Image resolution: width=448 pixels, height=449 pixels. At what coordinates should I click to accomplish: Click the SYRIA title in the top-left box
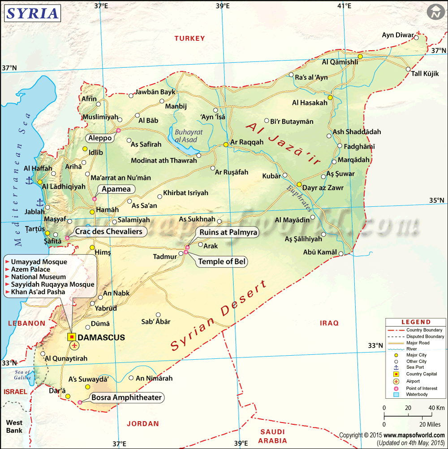pos(32,13)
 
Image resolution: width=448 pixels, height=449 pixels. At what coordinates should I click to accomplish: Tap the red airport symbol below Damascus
pos(74,345)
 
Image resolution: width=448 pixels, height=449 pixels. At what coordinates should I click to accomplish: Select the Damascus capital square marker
pos(71,336)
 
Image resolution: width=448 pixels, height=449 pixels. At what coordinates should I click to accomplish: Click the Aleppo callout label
pos(100,138)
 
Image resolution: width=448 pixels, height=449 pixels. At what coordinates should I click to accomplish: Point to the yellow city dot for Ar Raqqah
pos(226,144)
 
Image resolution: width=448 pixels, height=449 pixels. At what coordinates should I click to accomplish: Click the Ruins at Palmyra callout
pos(228,232)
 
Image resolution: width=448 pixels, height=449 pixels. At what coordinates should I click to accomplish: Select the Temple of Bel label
pos(222,262)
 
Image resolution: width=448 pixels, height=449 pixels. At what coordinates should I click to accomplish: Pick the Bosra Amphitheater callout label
pos(126,397)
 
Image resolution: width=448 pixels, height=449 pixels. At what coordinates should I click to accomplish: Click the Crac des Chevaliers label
pos(109,231)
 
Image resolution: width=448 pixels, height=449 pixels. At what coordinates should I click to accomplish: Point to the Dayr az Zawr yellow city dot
pos(299,184)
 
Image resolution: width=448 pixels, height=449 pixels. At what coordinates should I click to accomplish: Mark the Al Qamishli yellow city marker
pos(360,57)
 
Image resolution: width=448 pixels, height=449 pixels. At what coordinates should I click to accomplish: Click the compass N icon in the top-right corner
pos(435,12)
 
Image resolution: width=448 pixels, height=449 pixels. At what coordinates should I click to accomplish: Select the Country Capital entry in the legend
pos(421,374)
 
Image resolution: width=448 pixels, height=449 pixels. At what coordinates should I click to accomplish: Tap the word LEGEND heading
pos(416,322)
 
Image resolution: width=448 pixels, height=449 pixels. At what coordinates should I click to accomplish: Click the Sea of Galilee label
pos(22,375)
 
